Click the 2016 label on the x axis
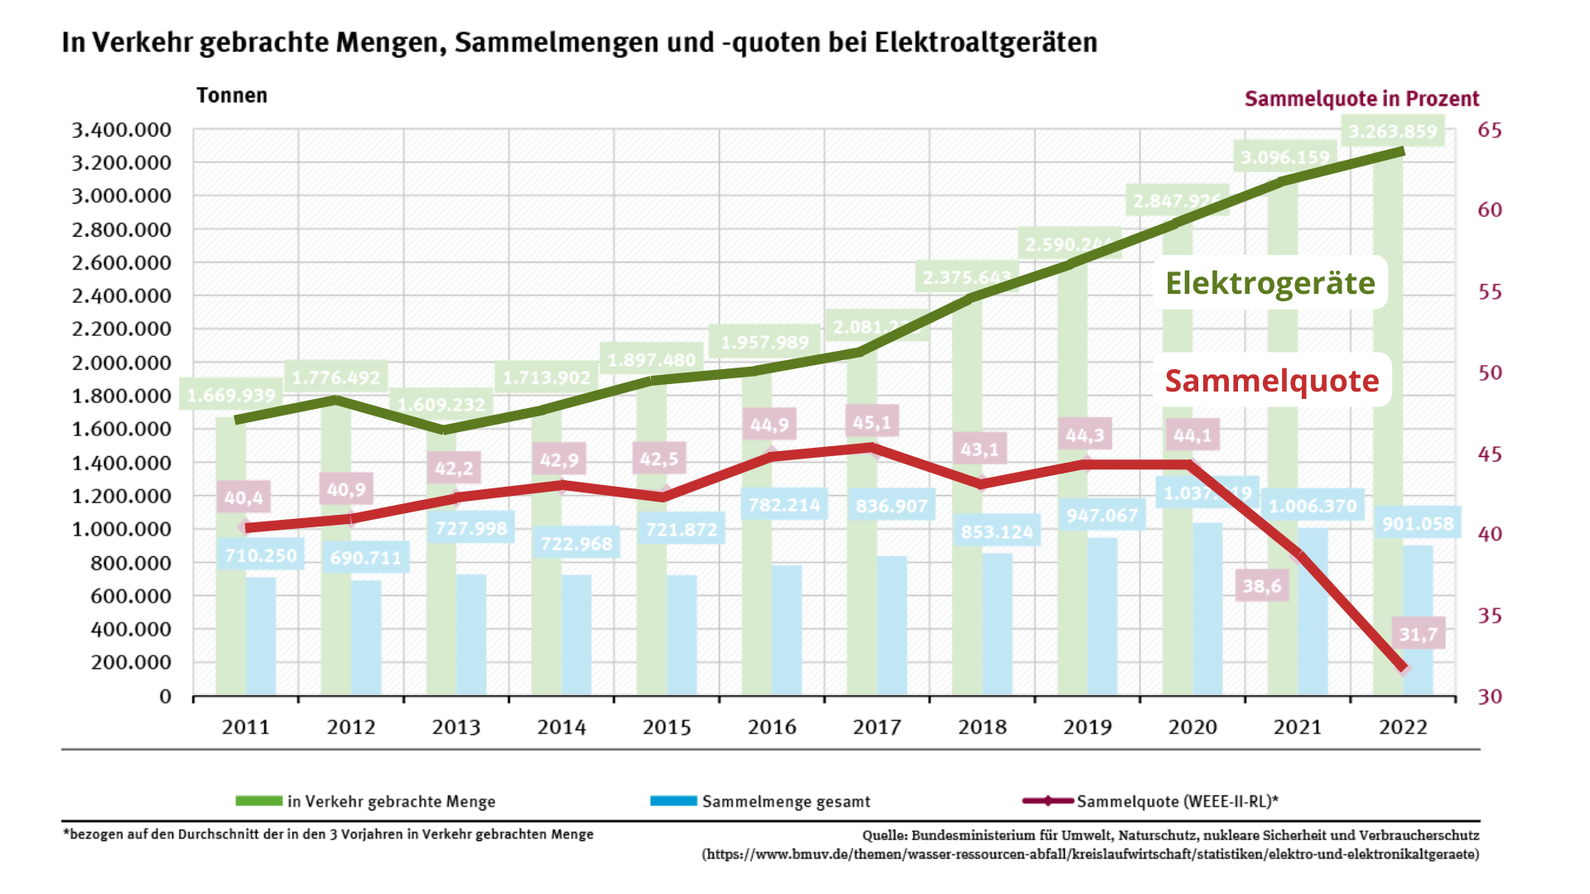click(x=772, y=727)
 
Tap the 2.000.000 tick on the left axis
click(x=121, y=363)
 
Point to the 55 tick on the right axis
click(x=1489, y=292)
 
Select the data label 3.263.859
click(x=1393, y=132)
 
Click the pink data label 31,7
click(x=1418, y=634)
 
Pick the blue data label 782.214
click(x=784, y=505)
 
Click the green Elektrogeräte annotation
click(x=1270, y=283)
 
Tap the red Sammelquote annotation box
click(x=1272, y=381)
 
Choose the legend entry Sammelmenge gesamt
click(x=786, y=801)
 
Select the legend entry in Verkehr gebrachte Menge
click(x=391, y=801)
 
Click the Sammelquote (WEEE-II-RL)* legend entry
click(x=1177, y=801)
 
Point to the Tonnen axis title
click(x=232, y=96)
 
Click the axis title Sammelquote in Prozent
click(x=1361, y=99)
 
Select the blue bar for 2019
click(x=1102, y=616)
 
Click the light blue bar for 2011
click(x=261, y=636)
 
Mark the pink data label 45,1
click(x=872, y=423)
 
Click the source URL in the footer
click(x=1090, y=854)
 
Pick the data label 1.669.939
click(x=230, y=396)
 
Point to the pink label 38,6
click(x=1261, y=586)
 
